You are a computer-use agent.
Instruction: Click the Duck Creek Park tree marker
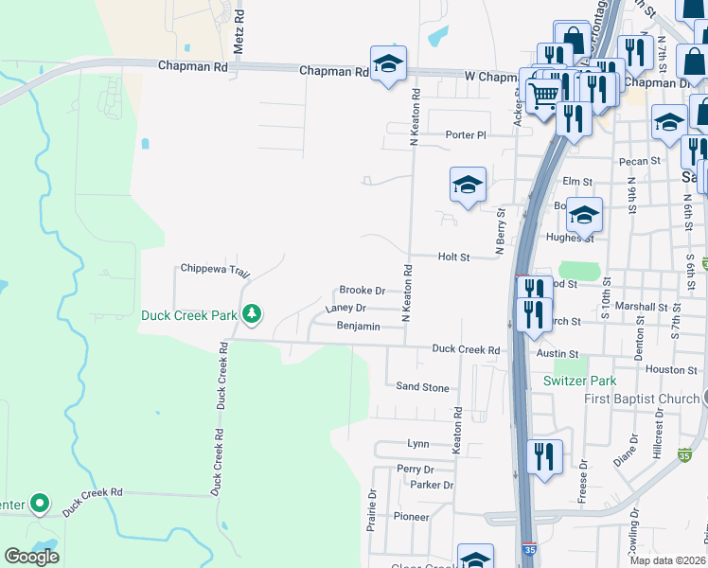pos(252,312)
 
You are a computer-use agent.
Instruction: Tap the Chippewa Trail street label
pos(214,270)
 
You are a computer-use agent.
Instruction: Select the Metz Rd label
pos(239,30)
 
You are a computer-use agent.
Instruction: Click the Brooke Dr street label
pos(362,291)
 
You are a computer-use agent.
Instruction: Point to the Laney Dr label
pos(345,309)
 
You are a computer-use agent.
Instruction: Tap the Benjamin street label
pos(359,327)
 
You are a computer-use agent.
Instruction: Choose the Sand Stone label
pos(422,387)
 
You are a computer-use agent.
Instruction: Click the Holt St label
pos(453,257)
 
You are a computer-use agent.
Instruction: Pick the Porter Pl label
pos(466,135)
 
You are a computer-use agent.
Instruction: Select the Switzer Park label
pos(579,382)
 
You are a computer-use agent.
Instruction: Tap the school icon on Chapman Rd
pos(388,63)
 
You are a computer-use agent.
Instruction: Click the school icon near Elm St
pos(468,185)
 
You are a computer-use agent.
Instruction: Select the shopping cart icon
pos(542,95)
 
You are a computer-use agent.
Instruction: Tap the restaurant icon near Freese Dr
pos(543,455)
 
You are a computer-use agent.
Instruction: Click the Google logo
pos(31,557)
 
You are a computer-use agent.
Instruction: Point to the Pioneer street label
pos(412,517)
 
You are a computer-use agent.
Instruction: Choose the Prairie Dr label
pos(372,506)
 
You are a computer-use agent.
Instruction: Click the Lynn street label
pos(417,443)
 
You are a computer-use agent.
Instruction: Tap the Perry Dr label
pos(416,469)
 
